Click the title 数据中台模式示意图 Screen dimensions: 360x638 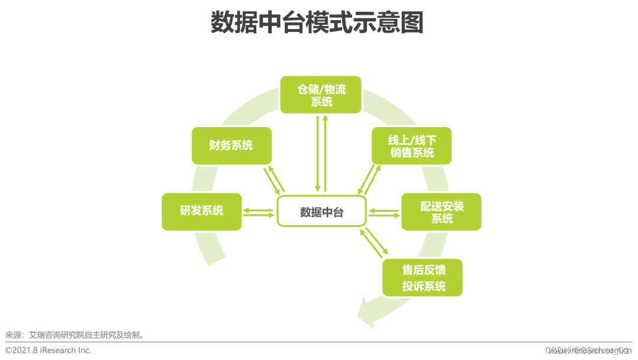(317, 24)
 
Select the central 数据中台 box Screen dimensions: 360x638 (321, 212)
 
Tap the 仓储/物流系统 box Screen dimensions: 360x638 (321, 95)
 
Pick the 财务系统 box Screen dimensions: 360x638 (232, 145)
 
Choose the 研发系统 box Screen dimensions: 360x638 (201, 211)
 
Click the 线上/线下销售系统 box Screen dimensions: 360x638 (411, 145)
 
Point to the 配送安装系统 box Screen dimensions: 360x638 (441, 212)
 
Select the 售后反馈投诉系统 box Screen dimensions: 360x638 (422, 278)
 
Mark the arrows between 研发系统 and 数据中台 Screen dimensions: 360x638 (259, 212)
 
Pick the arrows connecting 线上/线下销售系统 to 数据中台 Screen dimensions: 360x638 (369, 179)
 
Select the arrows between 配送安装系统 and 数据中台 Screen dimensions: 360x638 (384, 212)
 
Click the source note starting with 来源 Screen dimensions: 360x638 (75, 335)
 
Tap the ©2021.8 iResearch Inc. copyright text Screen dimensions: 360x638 (48, 350)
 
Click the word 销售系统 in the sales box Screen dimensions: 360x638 (412, 153)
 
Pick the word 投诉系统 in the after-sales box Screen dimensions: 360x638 (424, 286)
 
